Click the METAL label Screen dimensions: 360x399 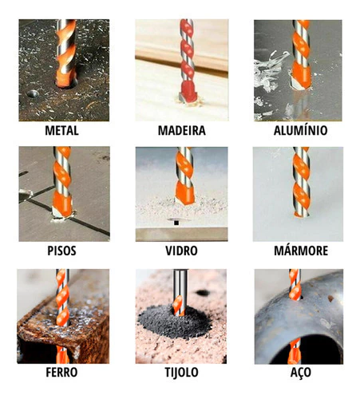pos(61,130)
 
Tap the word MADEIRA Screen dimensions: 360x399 pos(182,130)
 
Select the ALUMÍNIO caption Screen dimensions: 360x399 pos(300,130)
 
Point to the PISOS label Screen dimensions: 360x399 pos(61,251)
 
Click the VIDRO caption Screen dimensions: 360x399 pos(181,251)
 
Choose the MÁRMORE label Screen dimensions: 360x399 pos(301,251)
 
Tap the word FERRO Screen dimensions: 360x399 pos(61,372)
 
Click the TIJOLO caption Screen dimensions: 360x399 pos(181,372)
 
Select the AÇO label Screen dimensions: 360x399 pos(301,373)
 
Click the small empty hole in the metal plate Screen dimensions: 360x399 pos(33,93)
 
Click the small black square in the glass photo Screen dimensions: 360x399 pos(176,223)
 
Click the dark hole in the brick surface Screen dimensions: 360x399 pos(203,293)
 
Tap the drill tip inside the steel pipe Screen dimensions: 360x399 pos(295,351)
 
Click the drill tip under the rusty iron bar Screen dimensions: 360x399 pos(62,354)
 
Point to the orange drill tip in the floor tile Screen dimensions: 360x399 pos(62,205)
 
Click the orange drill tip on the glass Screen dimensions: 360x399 pos(184,193)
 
